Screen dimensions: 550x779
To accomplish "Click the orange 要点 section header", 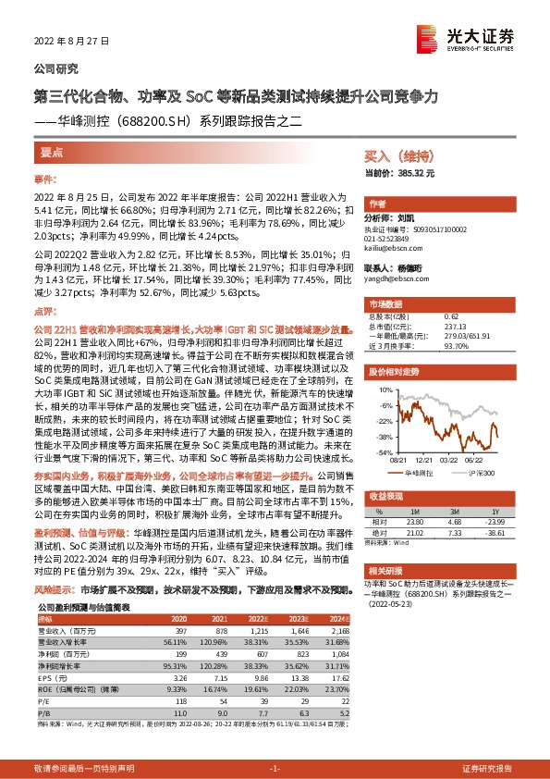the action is (x=52, y=152).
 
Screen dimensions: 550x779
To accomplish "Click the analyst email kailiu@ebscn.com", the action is (x=393, y=249).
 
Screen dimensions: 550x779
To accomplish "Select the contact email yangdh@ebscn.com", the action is (x=395, y=277).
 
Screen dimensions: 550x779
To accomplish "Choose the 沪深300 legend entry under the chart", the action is (x=479, y=471).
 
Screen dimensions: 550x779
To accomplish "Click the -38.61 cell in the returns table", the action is (x=495, y=532).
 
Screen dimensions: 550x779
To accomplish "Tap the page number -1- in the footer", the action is (x=275, y=768).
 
